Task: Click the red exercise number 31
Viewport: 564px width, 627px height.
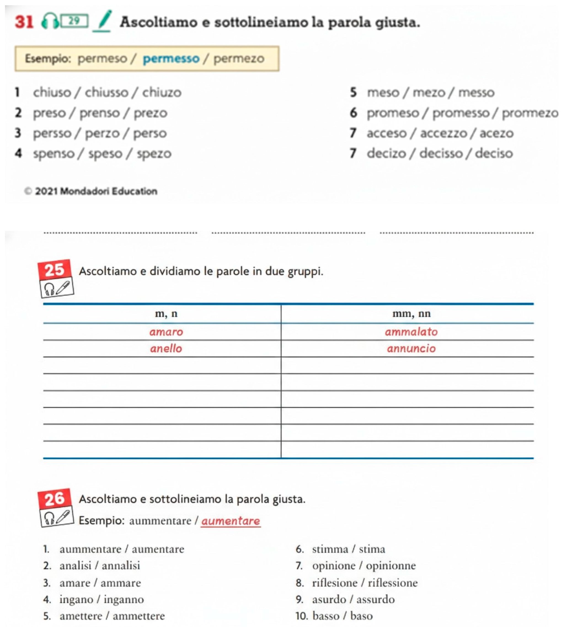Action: [x=24, y=22]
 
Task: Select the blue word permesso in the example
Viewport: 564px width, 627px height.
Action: [x=171, y=58]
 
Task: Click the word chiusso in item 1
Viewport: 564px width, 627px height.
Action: [x=107, y=92]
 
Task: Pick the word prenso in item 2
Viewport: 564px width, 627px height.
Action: [x=100, y=113]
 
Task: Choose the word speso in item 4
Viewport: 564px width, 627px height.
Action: [x=105, y=154]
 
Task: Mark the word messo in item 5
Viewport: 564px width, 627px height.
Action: [x=476, y=92]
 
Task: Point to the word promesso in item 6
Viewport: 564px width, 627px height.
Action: [x=461, y=113]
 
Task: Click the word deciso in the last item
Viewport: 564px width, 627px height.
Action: [x=494, y=153]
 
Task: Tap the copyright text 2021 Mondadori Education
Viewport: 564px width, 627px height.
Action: [x=96, y=191]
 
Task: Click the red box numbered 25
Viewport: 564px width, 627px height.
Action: [x=55, y=270]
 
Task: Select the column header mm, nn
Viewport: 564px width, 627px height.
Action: [x=411, y=314]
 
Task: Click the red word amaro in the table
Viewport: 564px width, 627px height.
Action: [x=166, y=332]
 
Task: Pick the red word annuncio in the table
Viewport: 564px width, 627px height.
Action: [x=411, y=349]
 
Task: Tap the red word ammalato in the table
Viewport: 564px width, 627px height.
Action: [x=411, y=332]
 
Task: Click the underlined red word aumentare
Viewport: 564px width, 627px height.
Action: [x=231, y=521]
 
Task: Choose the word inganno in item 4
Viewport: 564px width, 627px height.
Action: [x=124, y=599]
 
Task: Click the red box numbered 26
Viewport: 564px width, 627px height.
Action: [x=55, y=499]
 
